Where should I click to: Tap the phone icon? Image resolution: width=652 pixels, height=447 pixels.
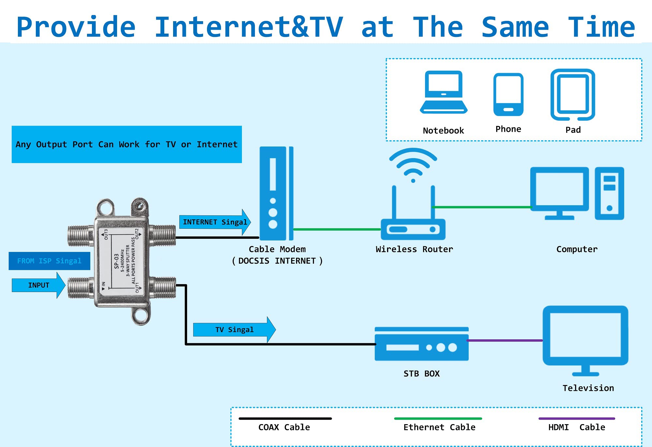click(x=508, y=95)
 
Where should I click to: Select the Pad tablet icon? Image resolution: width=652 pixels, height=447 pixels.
click(x=573, y=94)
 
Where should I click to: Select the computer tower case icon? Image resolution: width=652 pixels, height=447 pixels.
click(x=609, y=193)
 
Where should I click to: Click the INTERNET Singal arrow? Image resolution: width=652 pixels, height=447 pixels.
click(x=215, y=222)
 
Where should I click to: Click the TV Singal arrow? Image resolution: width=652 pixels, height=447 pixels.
click(x=234, y=330)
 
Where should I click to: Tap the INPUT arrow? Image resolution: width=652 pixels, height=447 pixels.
click(x=38, y=285)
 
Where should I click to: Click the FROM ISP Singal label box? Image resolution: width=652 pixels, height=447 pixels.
click(x=49, y=261)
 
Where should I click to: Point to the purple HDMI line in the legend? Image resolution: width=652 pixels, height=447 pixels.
click(x=576, y=418)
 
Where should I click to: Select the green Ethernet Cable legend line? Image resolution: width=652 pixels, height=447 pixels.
click(x=438, y=418)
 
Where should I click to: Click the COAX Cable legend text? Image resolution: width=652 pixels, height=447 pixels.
click(x=284, y=427)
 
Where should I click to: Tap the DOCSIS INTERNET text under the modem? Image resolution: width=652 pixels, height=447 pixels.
click(x=277, y=261)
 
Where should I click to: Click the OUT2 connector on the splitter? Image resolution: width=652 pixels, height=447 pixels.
click(x=163, y=235)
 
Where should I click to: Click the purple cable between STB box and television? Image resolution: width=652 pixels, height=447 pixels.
click(x=505, y=340)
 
